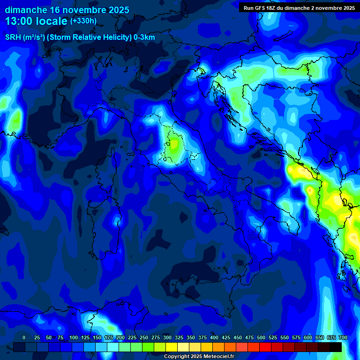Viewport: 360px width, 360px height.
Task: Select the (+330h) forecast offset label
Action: pos(83,21)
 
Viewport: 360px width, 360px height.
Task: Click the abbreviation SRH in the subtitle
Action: pos(13,37)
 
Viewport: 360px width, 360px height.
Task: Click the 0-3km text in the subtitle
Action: pos(144,37)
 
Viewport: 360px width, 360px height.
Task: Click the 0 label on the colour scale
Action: pos(24,337)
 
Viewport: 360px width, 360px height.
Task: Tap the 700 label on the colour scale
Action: pos(343,337)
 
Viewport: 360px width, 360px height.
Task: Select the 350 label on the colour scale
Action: pos(191,337)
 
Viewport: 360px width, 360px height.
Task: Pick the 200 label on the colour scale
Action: pos(120,337)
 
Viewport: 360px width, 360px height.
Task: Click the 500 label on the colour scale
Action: pos(261,337)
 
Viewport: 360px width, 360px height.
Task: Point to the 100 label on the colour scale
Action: pos(74,337)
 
